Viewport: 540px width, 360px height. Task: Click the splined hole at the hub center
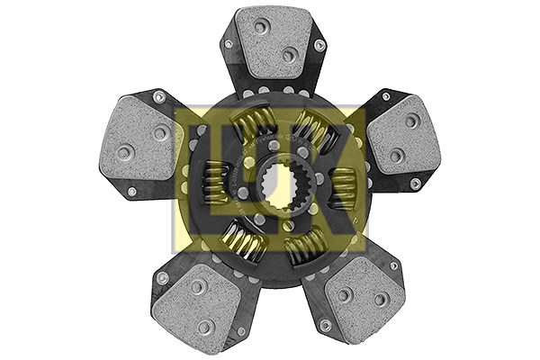click(x=276, y=185)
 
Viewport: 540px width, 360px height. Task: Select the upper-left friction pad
click(x=141, y=140)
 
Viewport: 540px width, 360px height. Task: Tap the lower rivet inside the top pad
click(x=289, y=55)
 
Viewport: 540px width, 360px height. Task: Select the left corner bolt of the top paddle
click(x=229, y=43)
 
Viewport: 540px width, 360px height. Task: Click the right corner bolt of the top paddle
click(x=319, y=45)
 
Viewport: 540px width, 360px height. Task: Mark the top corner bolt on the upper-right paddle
click(x=386, y=94)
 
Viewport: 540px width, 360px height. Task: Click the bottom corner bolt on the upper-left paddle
click(x=132, y=192)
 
